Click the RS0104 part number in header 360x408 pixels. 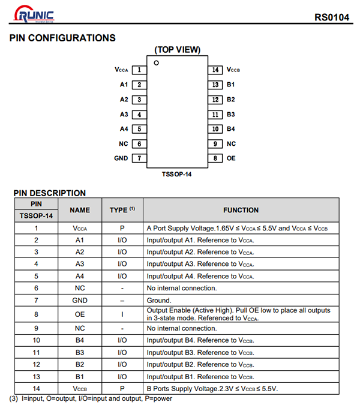click(x=331, y=16)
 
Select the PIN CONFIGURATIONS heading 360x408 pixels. click(x=62, y=38)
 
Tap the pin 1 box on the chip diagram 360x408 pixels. click(x=139, y=70)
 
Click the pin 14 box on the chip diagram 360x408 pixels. click(x=215, y=70)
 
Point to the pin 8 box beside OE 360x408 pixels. click(x=215, y=158)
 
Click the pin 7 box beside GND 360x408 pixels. click(x=139, y=158)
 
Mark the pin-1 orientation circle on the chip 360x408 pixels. click(x=156, y=63)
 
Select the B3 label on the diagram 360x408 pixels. click(x=231, y=114)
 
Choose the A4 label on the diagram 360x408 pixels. click(x=124, y=129)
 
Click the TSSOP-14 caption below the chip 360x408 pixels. click(x=177, y=174)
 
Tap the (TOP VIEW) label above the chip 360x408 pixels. click(x=178, y=50)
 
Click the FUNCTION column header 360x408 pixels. click(x=241, y=210)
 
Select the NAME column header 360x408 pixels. click(x=80, y=210)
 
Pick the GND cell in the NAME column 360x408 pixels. click(x=80, y=301)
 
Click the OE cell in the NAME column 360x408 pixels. click(x=80, y=314)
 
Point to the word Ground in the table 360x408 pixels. click(x=159, y=301)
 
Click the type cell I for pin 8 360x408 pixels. click(x=122, y=314)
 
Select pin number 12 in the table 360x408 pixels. click(x=36, y=365)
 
